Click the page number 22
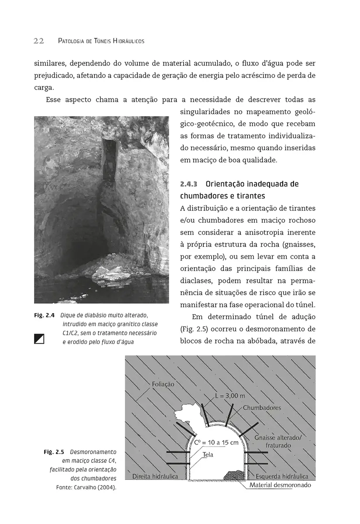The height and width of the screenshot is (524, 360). point(38,41)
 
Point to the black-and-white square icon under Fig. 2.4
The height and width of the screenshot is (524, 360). point(39,338)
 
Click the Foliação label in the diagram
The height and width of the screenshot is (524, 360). point(163,384)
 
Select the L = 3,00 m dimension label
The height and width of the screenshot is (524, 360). point(230,396)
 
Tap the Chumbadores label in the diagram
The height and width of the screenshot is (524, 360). point(262,408)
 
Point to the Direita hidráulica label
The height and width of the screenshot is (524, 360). point(155,476)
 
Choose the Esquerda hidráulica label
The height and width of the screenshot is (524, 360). point(282,476)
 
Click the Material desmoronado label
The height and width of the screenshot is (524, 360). point(280,485)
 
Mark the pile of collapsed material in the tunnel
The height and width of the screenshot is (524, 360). point(234,475)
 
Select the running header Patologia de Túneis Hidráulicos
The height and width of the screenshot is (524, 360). point(101,41)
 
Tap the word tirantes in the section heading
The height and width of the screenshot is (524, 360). point(250,196)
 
